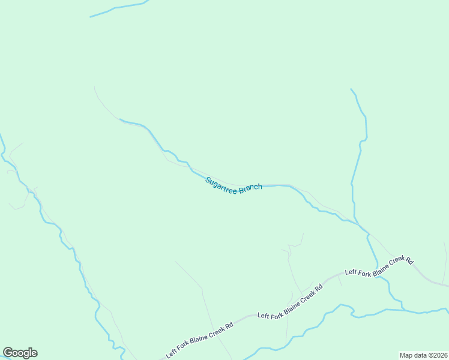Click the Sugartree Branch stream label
tap(234, 185)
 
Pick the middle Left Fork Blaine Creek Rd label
tap(291, 304)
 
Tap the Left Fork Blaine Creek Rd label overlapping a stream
tap(379, 268)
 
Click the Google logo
tap(20, 353)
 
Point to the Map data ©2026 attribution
tap(423, 355)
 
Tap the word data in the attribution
tap(420, 355)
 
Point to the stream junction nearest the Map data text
tap(403, 310)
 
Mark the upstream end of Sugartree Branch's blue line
tap(121, 119)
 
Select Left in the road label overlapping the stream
tap(351, 272)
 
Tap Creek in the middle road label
tap(306, 297)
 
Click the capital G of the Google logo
tap(8, 352)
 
